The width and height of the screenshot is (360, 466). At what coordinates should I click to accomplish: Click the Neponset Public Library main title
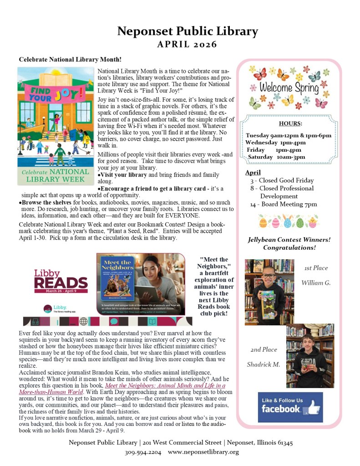188,31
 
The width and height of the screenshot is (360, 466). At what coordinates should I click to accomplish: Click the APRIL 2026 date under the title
187,45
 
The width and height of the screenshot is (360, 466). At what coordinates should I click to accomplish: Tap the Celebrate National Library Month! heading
70,59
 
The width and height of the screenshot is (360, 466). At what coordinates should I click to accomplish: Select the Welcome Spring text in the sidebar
289,87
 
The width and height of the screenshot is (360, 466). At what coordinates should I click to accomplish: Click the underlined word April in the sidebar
253,172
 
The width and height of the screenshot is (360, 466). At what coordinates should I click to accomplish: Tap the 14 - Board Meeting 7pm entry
283,204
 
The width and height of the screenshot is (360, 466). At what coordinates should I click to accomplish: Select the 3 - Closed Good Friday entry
282,180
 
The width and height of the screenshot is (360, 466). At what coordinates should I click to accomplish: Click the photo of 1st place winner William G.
269,292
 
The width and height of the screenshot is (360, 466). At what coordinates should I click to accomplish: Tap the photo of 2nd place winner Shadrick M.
310,355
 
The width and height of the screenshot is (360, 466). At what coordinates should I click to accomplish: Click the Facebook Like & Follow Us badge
290,407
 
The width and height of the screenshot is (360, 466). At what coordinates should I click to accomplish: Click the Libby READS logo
61,282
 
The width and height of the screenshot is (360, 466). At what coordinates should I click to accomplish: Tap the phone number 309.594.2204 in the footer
143,452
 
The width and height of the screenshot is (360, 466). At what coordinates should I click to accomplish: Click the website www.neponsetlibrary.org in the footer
203,452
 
